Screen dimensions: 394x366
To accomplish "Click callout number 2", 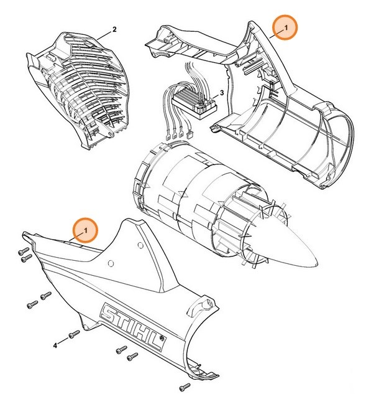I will coord(114,29).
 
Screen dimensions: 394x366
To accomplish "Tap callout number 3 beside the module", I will coord(222,93).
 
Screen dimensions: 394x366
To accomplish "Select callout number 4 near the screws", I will coord(55,344).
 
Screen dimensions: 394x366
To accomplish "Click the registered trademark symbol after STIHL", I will coord(162,340).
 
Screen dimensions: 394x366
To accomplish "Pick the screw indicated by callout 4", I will coord(74,334).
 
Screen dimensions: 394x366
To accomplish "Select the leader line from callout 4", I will coord(64,339).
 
